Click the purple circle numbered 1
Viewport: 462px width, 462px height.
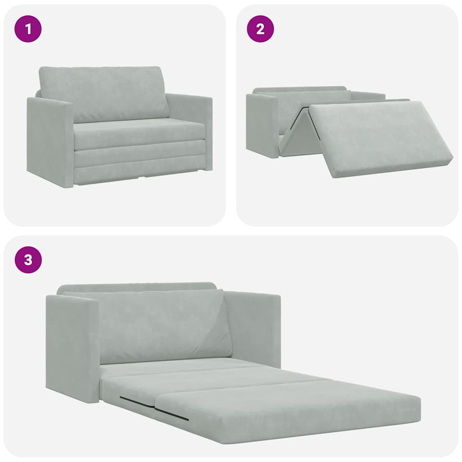pos(28,29)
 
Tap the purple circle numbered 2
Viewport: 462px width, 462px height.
pos(260,29)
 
